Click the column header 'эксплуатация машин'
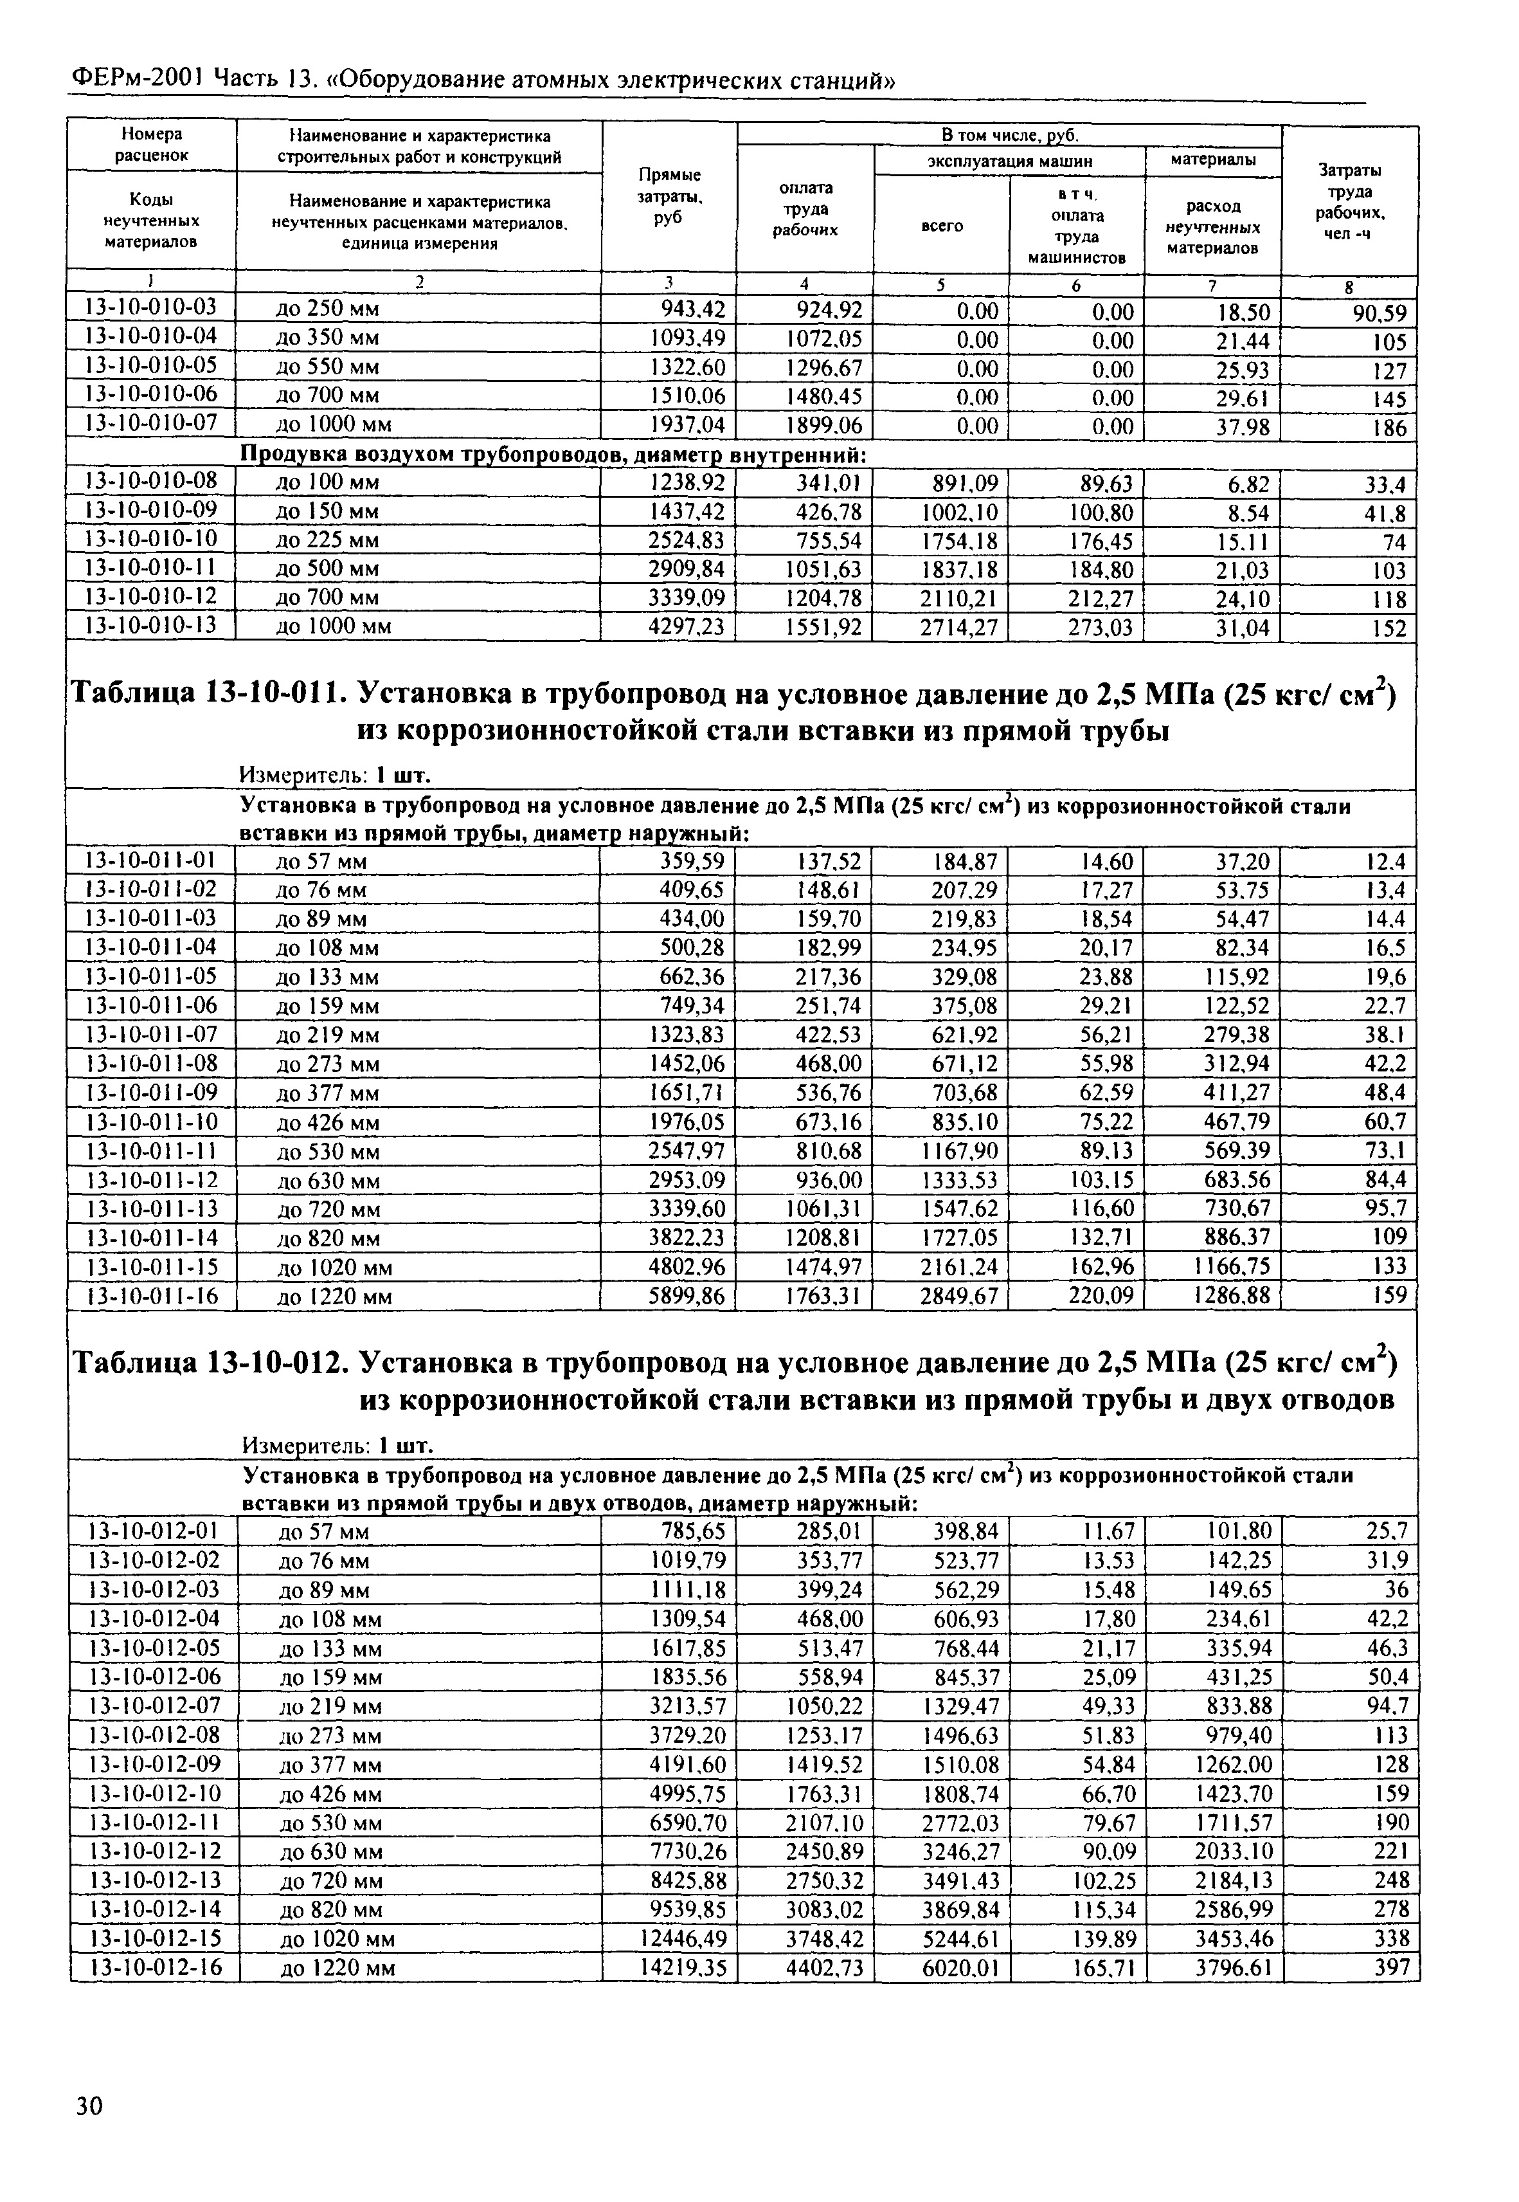tap(1009, 161)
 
